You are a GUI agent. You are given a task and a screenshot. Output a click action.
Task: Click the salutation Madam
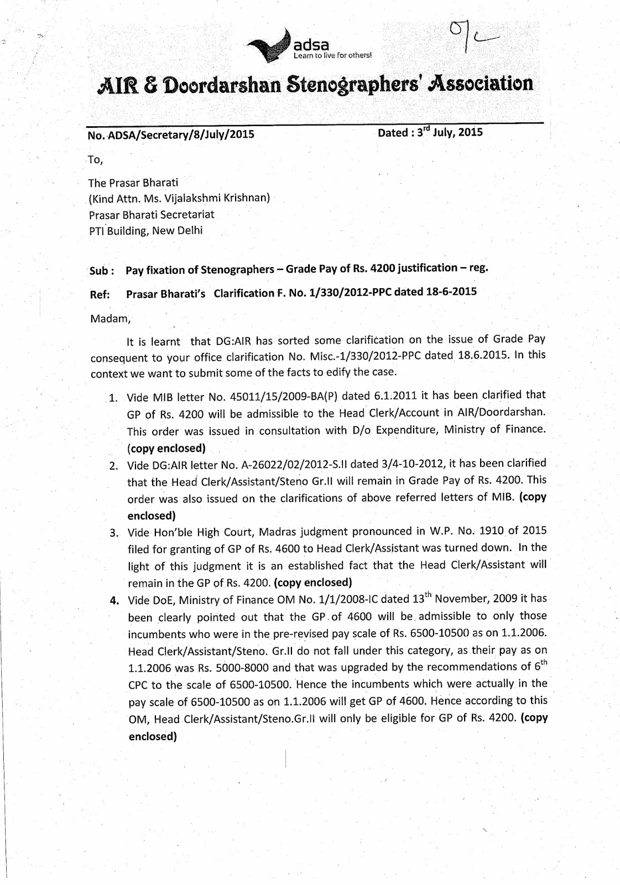[x=108, y=319]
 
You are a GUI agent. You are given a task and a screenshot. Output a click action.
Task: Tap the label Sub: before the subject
[x=102, y=271]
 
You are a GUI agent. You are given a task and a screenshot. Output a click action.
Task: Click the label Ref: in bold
[x=100, y=295]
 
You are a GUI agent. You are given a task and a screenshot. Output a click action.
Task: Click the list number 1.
[x=113, y=398]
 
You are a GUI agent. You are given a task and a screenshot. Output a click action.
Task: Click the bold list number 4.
[x=115, y=601]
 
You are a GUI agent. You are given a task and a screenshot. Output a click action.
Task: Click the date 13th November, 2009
[x=465, y=598]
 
